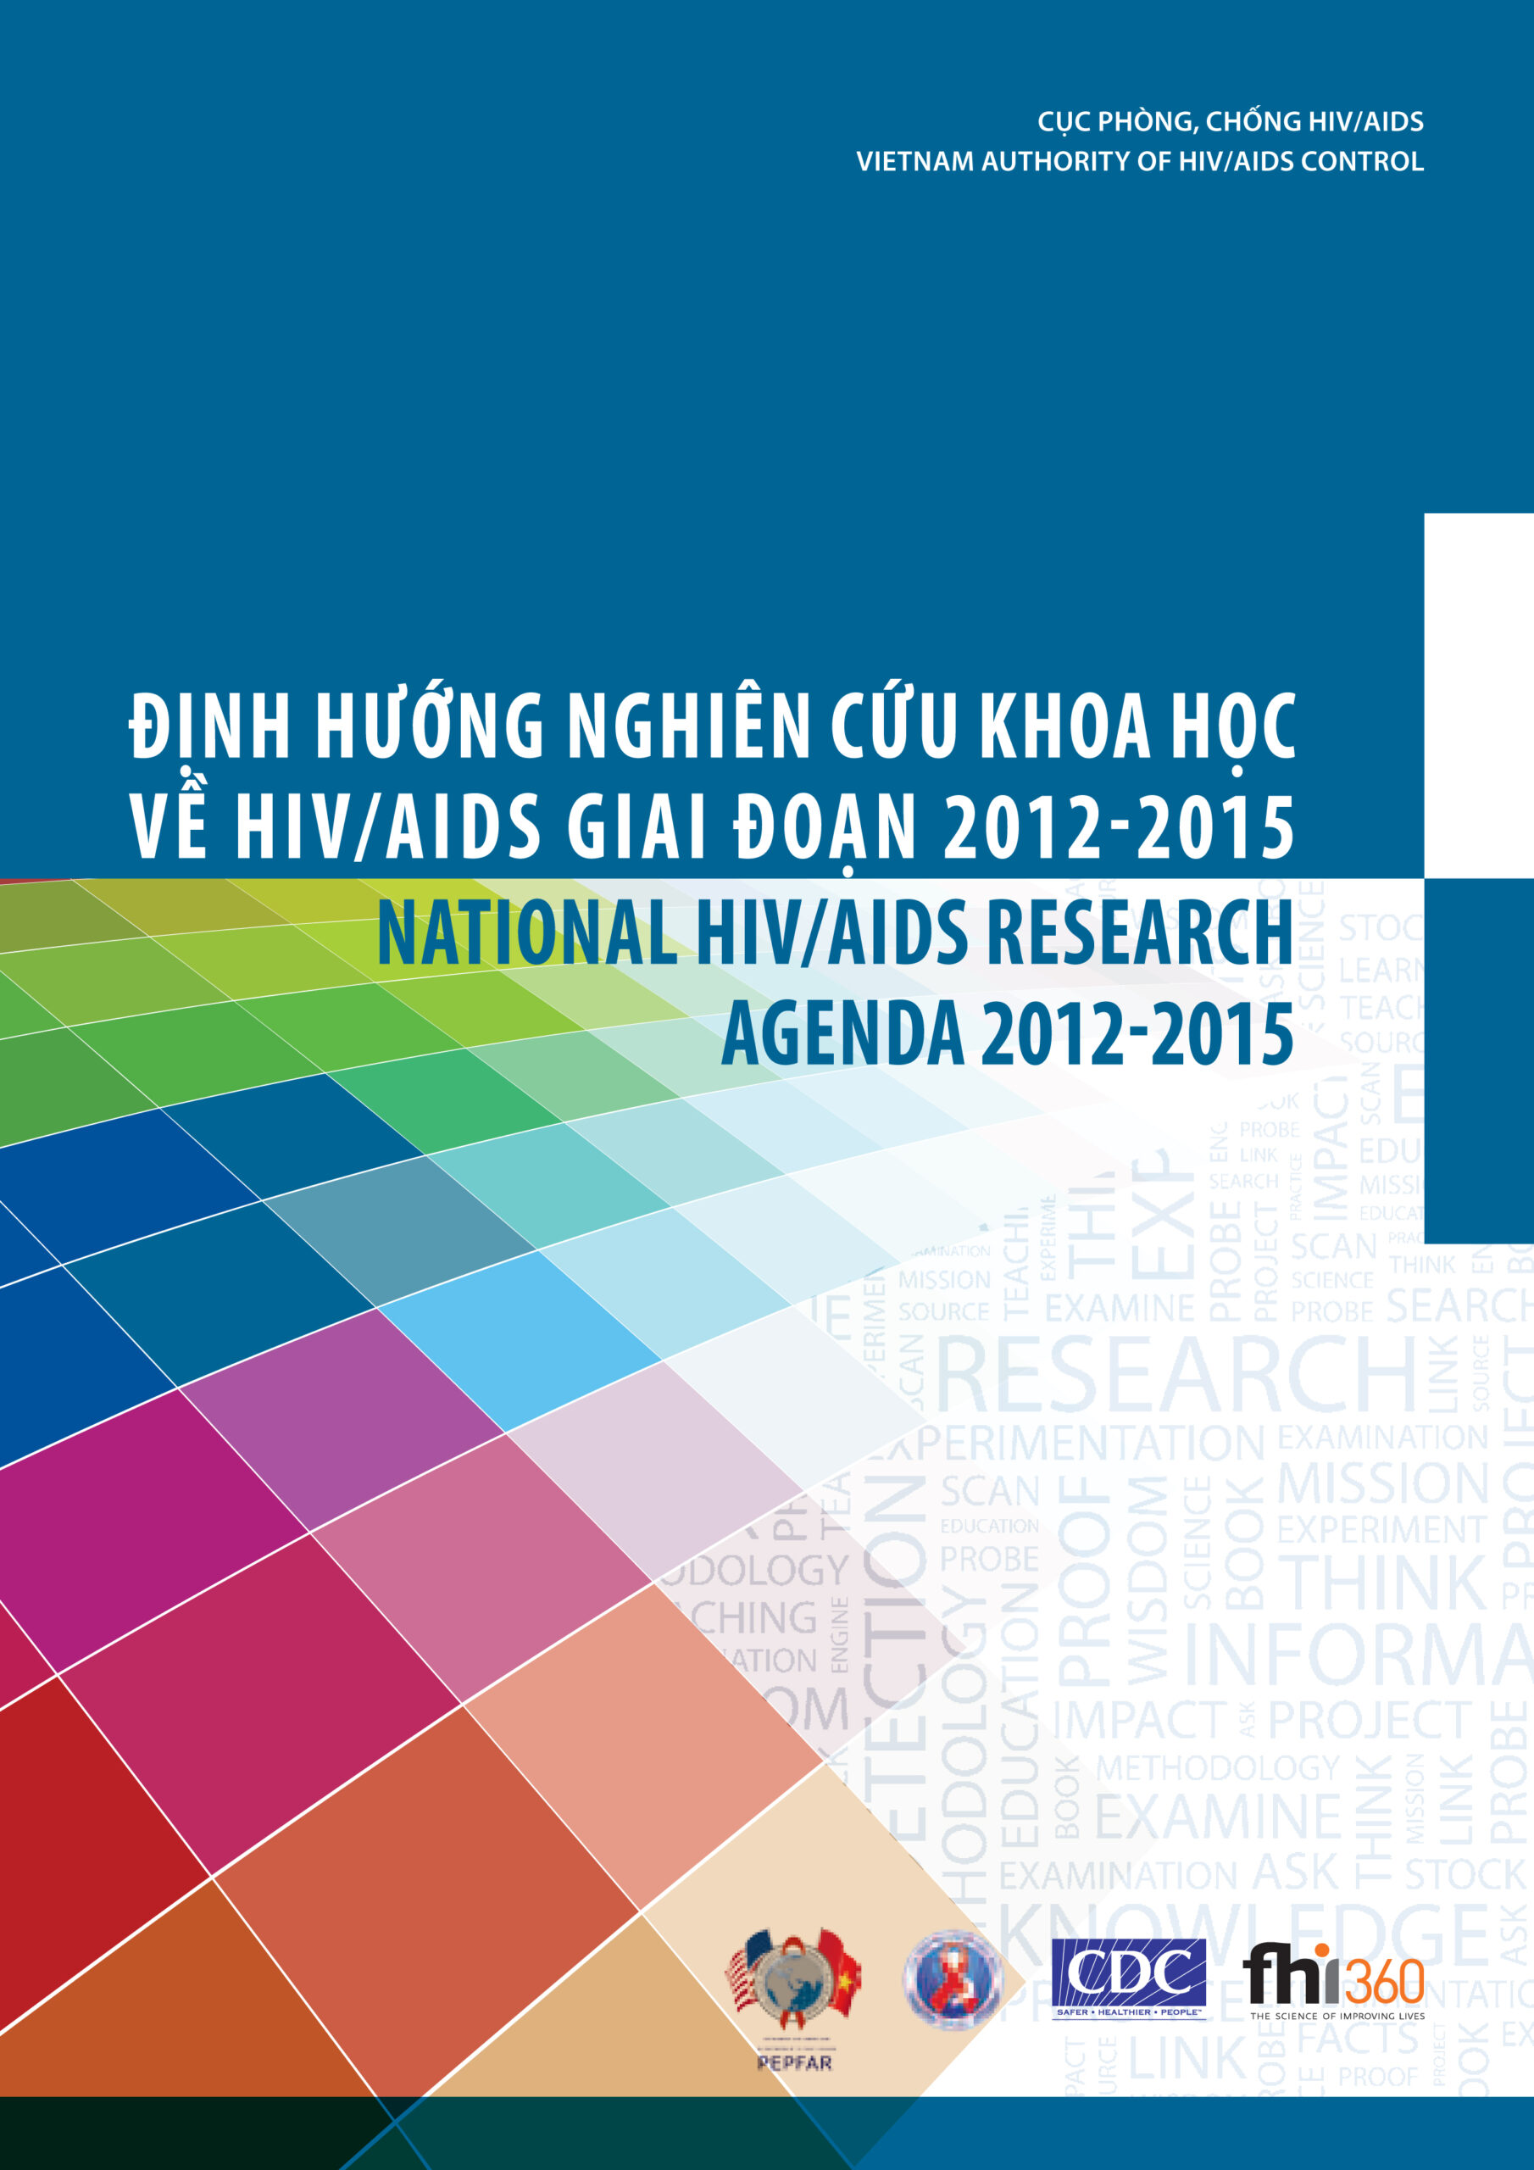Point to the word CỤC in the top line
point(1063,122)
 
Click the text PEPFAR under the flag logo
point(794,2063)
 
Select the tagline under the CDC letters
point(1129,2014)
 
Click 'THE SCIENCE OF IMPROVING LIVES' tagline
point(1337,2017)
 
